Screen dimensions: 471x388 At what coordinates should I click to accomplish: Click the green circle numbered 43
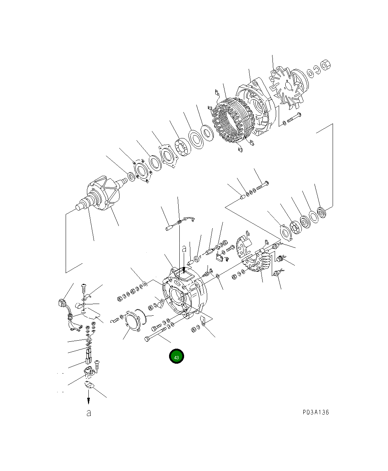tap(176, 356)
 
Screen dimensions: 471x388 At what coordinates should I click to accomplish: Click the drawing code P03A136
tap(316, 412)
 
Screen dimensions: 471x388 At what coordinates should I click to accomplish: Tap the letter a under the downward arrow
tap(88, 413)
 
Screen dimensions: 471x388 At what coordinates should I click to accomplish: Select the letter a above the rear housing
tap(184, 249)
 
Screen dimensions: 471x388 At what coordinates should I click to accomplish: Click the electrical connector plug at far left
tap(62, 304)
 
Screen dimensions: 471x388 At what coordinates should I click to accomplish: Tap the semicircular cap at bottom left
tap(89, 384)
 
